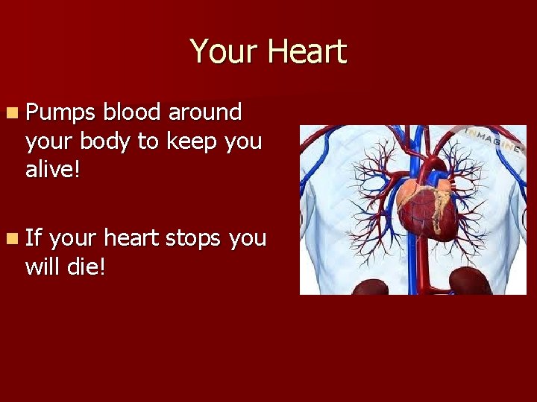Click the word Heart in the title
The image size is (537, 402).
point(307,51)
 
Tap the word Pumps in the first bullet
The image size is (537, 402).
point(60,113)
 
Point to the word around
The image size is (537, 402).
point(205,112)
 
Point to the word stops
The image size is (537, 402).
point(194,238)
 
